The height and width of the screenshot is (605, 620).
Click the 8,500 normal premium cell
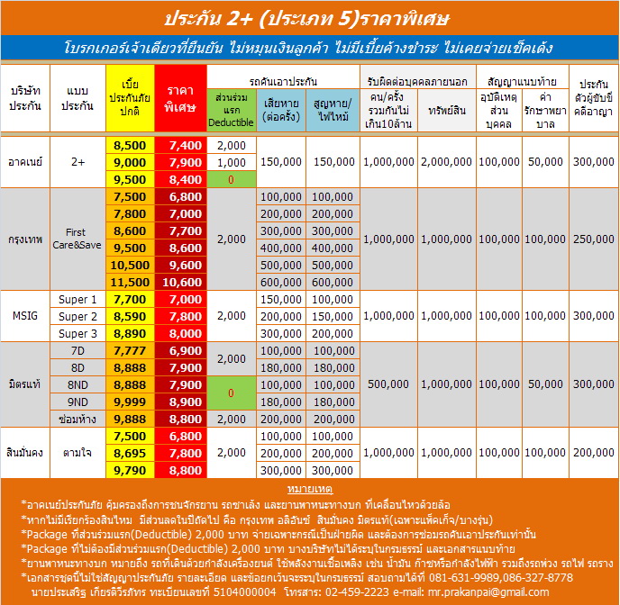click(130, 145)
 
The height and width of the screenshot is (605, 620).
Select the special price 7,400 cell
click(180, 145)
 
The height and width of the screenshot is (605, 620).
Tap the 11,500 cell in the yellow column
click(130, 282)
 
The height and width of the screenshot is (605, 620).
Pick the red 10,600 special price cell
click(180, 282)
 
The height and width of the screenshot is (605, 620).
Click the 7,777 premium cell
click(130, 350)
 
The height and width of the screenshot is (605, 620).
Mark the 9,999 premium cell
click(130, 402)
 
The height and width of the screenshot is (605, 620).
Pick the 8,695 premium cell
click(130, 453)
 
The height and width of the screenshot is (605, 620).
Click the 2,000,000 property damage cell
click(445, 162)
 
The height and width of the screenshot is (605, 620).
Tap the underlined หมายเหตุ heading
click(309, 488)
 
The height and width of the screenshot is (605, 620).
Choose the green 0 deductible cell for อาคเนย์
click(231, 179)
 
